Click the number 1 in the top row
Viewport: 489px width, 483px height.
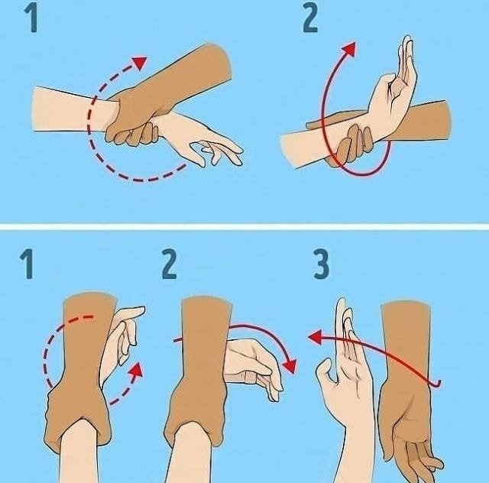(32, 20)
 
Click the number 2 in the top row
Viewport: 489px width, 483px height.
(310, 20)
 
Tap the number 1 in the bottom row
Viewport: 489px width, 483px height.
(28, 265)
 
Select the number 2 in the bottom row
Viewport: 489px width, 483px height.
(170, 265)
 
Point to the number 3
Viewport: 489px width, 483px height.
(321, 265)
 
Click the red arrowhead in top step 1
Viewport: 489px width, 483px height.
(140, 62)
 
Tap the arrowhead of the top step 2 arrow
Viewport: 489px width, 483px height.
(349, 49)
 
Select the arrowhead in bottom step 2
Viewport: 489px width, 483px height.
(290, 366)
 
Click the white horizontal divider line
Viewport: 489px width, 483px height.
(244, 226)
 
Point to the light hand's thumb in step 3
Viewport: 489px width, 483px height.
(326, 370)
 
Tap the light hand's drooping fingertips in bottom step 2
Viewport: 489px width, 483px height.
(274, 390)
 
